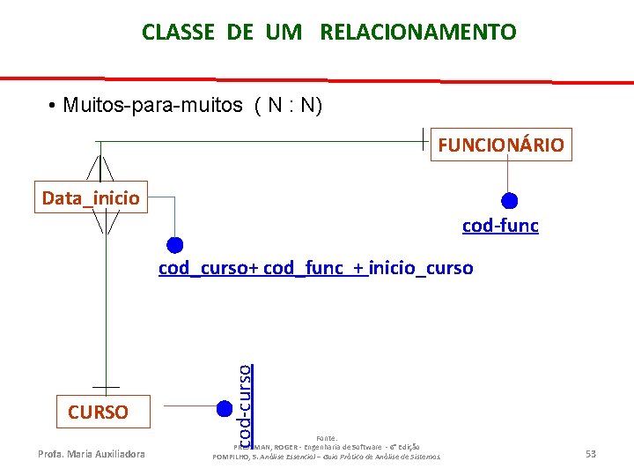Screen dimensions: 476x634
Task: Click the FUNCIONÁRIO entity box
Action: pyautogui.click(x=501, y=145)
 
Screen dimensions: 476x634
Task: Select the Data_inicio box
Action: pyautogui.click(x=91, y=197)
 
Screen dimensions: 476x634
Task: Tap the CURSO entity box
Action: pyautogui.click(x=98, y=412)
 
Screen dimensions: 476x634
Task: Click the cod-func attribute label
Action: pyautogui.click(x=500, y=227)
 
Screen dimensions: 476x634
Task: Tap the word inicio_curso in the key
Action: pyautogui.click(x=421, y=267)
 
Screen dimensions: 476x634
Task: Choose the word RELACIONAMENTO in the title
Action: pyautogui.click(x=418, y=33)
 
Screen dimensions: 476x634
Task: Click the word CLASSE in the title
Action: pyautogui.click(x=178, y=33)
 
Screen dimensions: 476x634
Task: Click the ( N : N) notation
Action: pyautogui.click(x=288, y=106)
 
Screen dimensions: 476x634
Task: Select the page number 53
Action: pyautogui.click(x=591, y=454)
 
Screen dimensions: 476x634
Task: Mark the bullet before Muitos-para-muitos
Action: pyautogui.click(x=55, y=107)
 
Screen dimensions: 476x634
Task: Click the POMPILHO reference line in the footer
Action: pyautogui.click(x=327, y=456)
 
